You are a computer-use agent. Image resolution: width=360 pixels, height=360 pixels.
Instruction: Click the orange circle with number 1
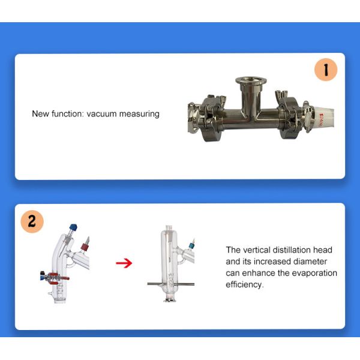(x=326, y=70)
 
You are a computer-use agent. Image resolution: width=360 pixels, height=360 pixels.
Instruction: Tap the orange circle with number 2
(x=32, y=221)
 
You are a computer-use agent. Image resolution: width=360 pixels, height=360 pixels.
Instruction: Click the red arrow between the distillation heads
(x=124, y=263)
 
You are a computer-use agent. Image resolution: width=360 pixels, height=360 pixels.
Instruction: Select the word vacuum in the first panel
(x=101, y=113)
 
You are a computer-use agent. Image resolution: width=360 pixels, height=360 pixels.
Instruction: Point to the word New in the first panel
(x=40, y=113)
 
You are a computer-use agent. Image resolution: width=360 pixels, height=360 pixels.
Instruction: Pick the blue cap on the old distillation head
(x=73, y=227)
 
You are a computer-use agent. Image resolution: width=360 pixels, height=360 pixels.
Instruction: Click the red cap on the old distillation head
(x=84, y=247)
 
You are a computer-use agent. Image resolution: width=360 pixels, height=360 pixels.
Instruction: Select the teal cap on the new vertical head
(x=191, y=245)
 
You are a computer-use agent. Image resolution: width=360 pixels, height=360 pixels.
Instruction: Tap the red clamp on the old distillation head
(x=55, y=278)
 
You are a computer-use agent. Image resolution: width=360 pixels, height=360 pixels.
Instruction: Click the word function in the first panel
(x=67, y=113)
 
